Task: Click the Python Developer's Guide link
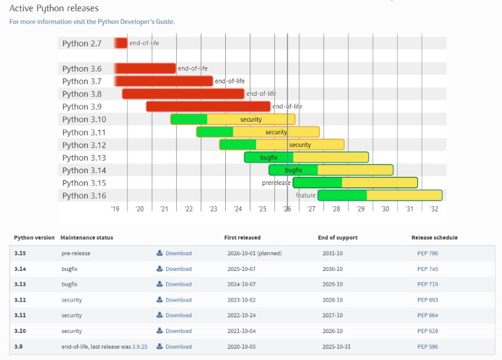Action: tap(136, 22)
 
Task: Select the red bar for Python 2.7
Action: tap(121, 43)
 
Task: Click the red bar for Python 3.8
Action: tap(183, 93)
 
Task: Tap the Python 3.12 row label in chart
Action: tap(84, 145)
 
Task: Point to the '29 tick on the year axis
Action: tap(360, 209)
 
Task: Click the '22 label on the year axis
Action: tap(189, 209)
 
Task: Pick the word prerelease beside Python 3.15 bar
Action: tap(276, 183)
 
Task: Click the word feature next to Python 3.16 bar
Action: tap(306, 195)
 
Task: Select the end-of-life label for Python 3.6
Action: tap(193, 68)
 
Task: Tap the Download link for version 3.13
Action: tap(178, 284)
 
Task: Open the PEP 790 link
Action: tap(428, 253)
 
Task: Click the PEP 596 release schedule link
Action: tap(428, 347)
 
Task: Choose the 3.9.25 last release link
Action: tap(140, 347)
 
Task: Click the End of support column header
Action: tap(338, 238)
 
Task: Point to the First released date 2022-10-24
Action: tap(242, 315)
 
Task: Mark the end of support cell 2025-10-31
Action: tap(336, 347)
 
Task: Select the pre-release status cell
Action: tap(76, 253)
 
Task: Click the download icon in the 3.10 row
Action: tap(159, 331)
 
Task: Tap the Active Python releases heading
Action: tap(54, 8)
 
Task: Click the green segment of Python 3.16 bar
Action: tap(342, 195)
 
